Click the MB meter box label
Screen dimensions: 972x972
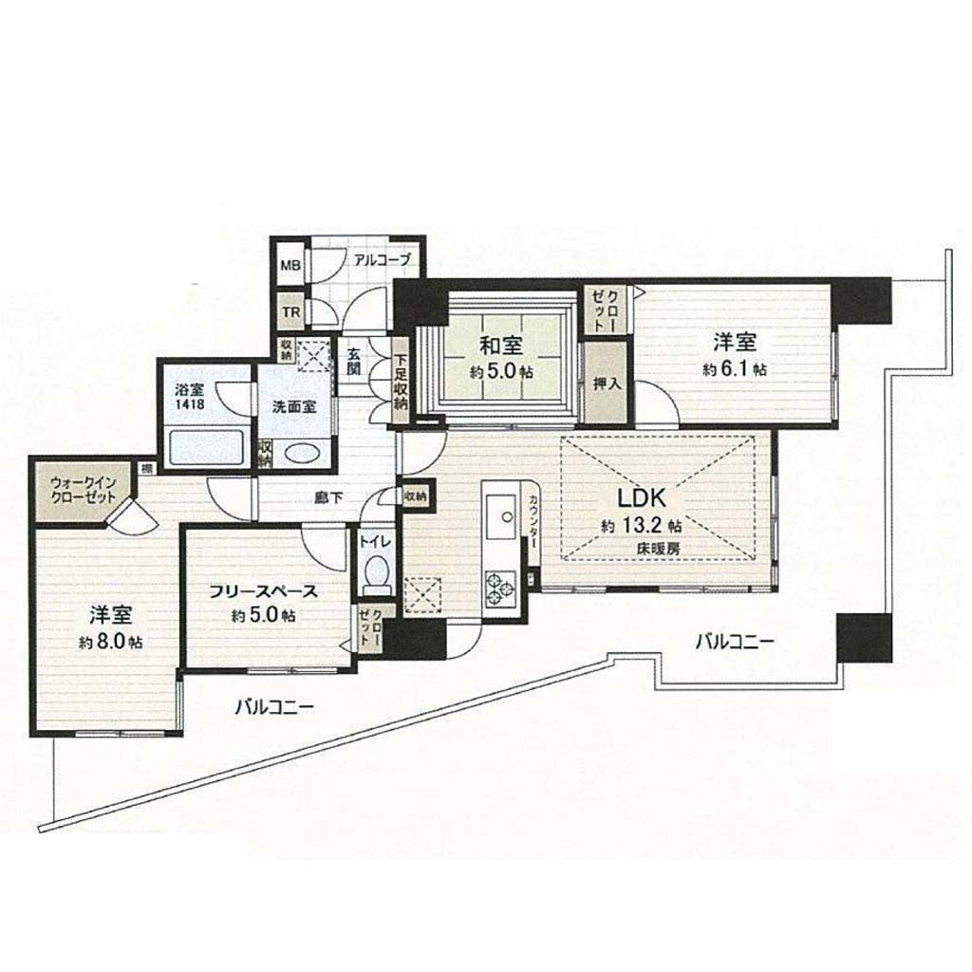tap(290, 266)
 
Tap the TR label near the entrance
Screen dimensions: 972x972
tap(291, 311)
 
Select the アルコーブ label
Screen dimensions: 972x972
tap(382, 260)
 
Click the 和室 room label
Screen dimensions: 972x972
tap(501, 345)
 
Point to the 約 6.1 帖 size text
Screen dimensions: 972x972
tap(735, 370)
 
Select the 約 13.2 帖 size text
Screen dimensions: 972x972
tap(642, 526)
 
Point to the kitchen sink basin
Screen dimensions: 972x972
tap(501, 517)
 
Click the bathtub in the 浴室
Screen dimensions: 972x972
tap(207, 448)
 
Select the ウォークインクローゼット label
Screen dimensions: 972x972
tap(84, 489)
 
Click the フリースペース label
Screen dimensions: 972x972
tap(264, 592)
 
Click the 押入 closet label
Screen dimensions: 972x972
tap(607, 383)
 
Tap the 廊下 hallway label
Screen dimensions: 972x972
tap(328, 497)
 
